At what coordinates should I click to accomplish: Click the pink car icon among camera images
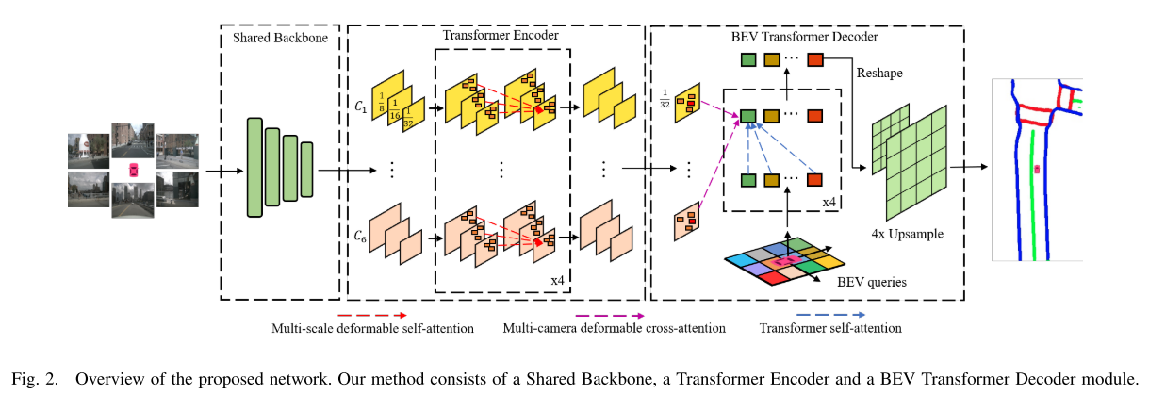[x=133, y=171]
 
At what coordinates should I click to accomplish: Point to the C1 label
[x=360, y=107]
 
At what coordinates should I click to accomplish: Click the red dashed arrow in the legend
[x=372, y=315]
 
